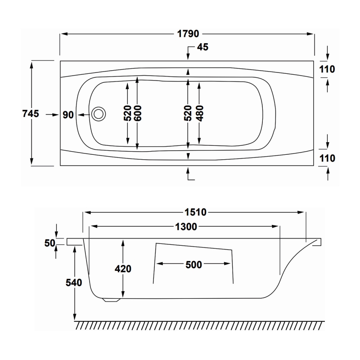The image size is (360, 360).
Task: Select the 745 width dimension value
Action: click(x=30, y=114)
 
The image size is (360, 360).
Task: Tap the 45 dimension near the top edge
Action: click(x=202, y=48)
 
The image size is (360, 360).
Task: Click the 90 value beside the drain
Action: click(x=68, y=115)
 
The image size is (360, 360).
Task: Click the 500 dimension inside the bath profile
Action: click(x=193, y=265)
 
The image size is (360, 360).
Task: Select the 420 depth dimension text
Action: click(x=123, y=269)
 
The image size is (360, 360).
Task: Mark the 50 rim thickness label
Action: click(x=49, y=243)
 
